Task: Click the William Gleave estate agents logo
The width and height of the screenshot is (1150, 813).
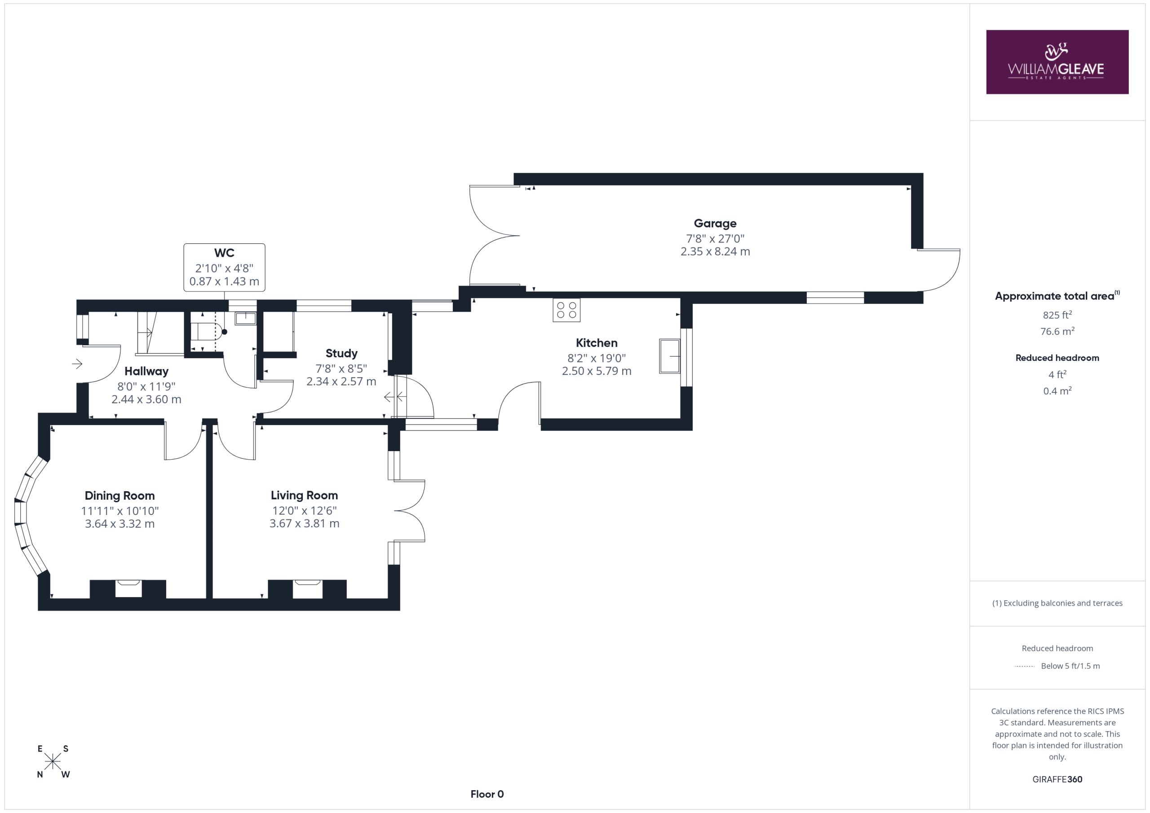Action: click(x=1057, y=62)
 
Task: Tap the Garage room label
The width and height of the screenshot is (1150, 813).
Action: click(x=715, y=223)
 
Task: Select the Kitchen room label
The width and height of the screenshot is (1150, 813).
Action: click(x=597, y=343)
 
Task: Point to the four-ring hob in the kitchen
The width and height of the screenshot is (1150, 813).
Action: click(x=566, y=310)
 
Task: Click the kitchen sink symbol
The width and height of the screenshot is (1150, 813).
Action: click(x=670, y=356)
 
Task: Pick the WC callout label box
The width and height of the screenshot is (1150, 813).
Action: click(x=225, y=267)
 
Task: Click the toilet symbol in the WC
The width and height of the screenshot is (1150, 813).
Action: click(x=206, y=331)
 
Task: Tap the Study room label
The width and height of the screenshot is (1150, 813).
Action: click(x=341, y=353)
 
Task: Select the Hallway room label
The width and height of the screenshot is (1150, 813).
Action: click(x=146, y=371)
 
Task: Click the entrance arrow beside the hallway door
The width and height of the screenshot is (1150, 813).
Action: click(x=77, y=364)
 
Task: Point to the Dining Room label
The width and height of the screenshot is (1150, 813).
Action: click(x=119, y=496)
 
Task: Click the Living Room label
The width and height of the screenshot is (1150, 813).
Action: click(x=305, y=495)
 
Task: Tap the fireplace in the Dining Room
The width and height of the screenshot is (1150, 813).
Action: click(x=128, y=589)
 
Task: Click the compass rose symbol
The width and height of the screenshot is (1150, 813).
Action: click(x=53, y=761)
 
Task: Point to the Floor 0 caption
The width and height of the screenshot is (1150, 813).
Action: click(x=487, y=794)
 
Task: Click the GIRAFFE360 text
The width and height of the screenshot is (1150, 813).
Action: click(x=1057, y=779)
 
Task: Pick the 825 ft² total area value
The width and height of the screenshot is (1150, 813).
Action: click(x=1057, y=314)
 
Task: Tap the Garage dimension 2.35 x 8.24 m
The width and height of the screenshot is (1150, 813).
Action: click(x=715, y=251)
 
